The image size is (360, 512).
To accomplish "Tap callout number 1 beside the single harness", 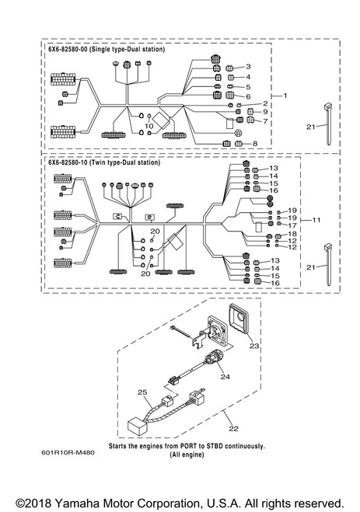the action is coord(285,96).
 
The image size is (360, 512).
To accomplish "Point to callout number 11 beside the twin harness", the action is coord(316,220).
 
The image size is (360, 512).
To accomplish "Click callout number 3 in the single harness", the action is coord(248,67).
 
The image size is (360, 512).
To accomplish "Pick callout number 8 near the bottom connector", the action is coord(255,144).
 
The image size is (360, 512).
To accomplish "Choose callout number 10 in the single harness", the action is coord(149,126).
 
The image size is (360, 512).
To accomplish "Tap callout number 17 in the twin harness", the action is coord(292,225).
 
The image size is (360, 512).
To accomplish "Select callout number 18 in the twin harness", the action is coord(292,234).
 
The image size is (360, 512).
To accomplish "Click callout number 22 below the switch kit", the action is coord(233,428).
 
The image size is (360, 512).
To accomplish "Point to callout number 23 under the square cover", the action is coord(254,346).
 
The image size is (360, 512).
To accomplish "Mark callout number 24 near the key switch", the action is coord(225,377).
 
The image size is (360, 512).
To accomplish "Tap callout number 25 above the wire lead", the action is coord(142,392).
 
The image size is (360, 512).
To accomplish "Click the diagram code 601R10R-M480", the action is coord(68,453).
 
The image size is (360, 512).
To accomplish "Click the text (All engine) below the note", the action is coord(187,455).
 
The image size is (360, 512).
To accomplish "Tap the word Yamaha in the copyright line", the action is coord(77,503).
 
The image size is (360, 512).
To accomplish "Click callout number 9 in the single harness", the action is coord(265,112).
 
